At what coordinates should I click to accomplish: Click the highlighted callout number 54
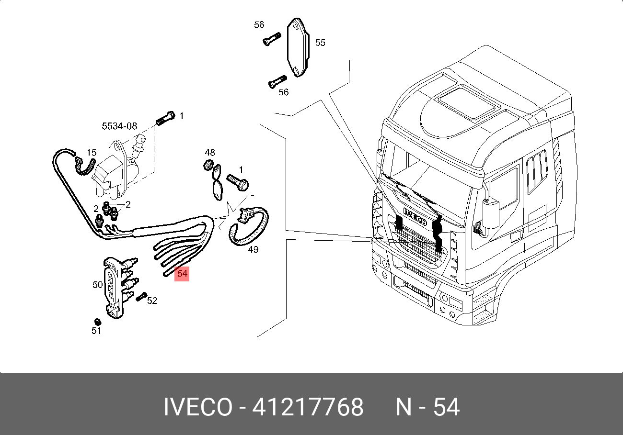coord(182,274)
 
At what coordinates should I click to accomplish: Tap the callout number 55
coord(320,43)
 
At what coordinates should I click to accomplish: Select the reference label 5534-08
coord(120,126)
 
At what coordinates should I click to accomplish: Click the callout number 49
coord(253,249)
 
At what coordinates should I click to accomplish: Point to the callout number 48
coord(210,152)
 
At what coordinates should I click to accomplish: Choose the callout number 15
coord(91,152)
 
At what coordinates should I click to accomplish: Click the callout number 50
coord(98,284)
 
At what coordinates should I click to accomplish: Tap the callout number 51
coord(96,331)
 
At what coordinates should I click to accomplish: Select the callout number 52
coord(152,300)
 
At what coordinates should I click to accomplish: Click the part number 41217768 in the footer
coord(308,407)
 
